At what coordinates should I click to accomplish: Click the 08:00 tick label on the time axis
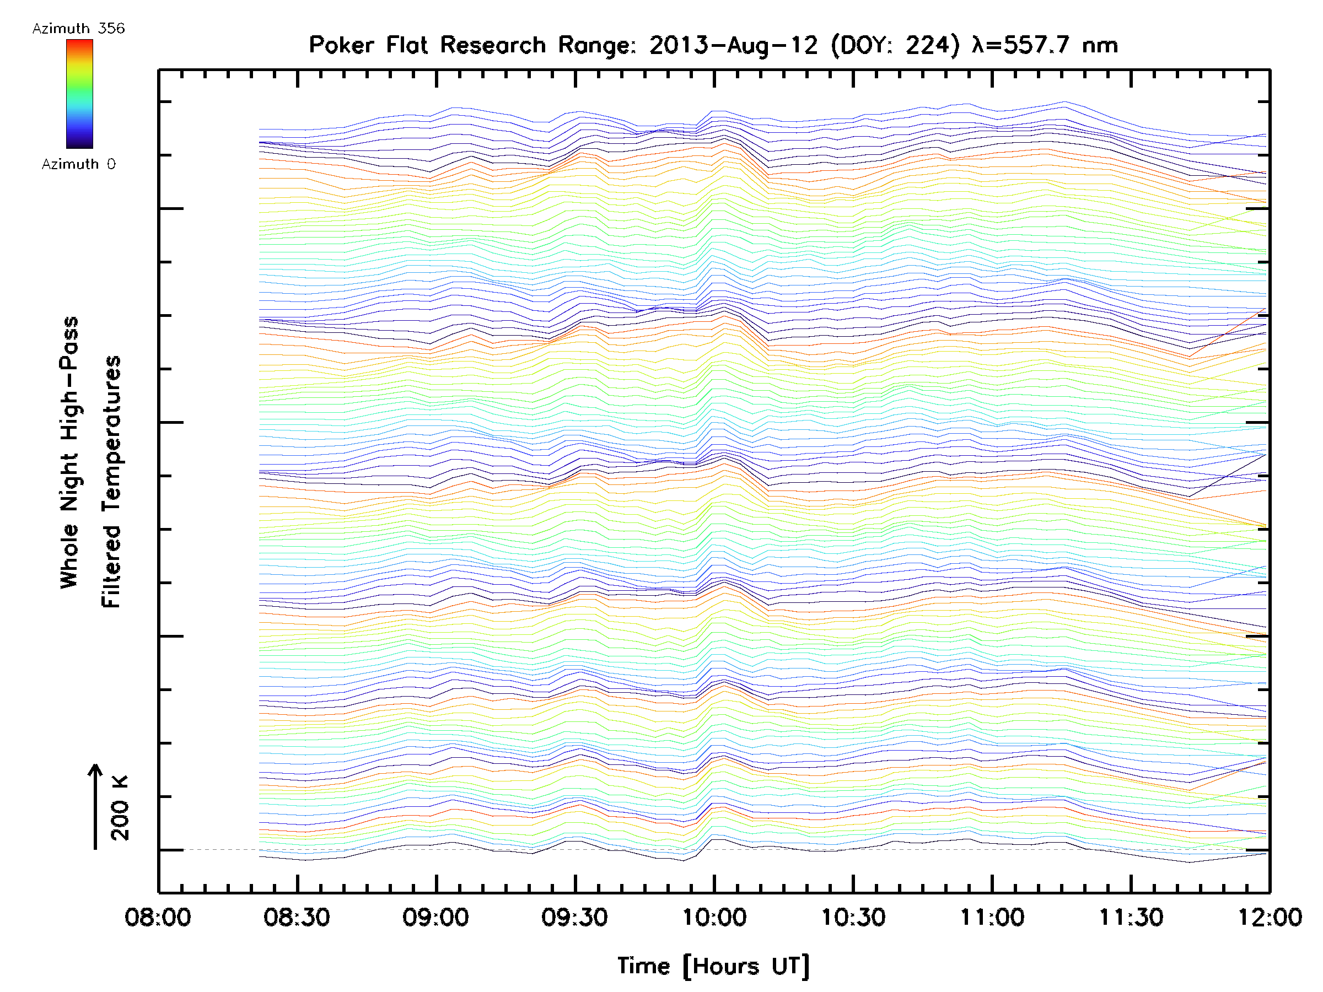[x=158, y=917]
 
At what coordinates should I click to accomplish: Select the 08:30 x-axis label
[x=297, y=917]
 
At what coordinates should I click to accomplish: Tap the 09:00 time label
[x=435, y=917]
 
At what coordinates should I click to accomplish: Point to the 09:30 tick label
[x=575, y=917]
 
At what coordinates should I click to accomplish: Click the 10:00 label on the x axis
[x=714, y=917]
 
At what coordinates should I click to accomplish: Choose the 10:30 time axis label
[x=853, y=917]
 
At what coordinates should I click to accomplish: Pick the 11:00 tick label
[x=992, y=917]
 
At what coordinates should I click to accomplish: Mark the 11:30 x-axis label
[x=1131, y=917]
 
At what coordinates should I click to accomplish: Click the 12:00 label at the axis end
[x=1269, y=917]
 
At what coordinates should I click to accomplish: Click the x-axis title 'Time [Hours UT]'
[x=713, y=966]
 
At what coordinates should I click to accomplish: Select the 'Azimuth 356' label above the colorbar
[x=78, y=29]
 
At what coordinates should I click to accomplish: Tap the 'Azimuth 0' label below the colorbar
[x=78, y=164]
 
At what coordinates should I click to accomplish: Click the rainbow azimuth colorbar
[x=79, y=94]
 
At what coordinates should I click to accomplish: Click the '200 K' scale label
[x=120, y=808]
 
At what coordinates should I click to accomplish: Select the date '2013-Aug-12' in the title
[x=733, y=45]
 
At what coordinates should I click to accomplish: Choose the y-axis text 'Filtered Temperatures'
[x=112, y=481]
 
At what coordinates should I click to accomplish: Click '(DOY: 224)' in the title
[x=895, y=45]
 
